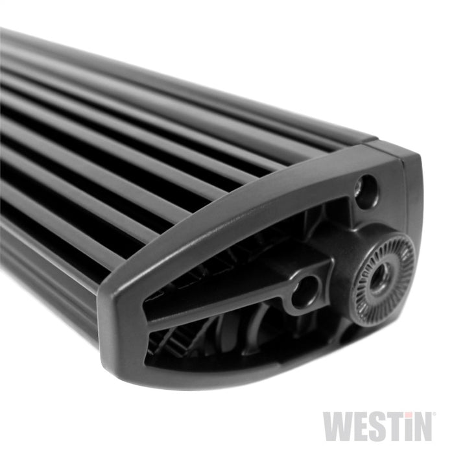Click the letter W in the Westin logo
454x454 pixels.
[338, 425]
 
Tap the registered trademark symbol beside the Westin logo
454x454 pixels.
[433, 415]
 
